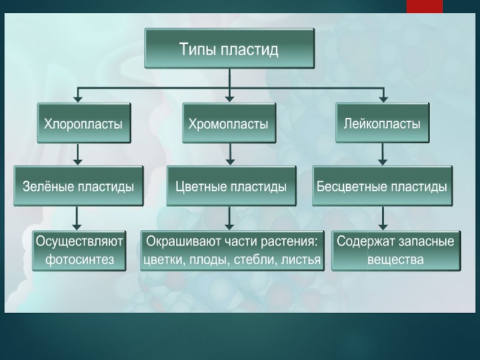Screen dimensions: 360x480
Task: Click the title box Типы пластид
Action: click(229, 49)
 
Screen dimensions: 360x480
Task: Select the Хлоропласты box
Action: click(83, 124)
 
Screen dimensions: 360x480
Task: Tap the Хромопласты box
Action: click(229, 124)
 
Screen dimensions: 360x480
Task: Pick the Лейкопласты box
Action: click(382, 123)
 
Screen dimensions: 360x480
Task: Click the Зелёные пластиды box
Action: click(78, 187)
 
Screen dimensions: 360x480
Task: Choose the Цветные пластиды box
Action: click(231, 187)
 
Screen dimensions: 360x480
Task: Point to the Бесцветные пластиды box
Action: click(382, 187)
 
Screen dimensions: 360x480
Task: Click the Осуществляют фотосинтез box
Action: click(79, 251)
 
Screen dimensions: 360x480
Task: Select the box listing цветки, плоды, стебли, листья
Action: click(232, 251)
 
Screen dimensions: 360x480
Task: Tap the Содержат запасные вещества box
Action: click(395, 251)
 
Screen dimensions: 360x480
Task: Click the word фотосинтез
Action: click(79, 260)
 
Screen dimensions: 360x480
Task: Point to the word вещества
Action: click(396, 260)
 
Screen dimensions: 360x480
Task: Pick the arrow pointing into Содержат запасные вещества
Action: click(382, 218)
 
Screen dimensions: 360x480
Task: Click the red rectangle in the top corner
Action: click(425, 6)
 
